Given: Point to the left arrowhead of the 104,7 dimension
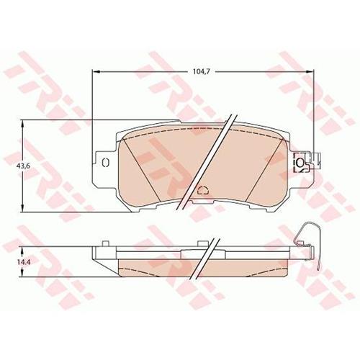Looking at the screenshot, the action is (x=96, y=71).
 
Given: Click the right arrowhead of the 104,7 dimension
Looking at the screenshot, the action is (x=310, y=71).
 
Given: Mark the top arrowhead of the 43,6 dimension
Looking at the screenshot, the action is (x=22, y=124).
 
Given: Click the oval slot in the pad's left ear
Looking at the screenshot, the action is (x=105, y=163).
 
